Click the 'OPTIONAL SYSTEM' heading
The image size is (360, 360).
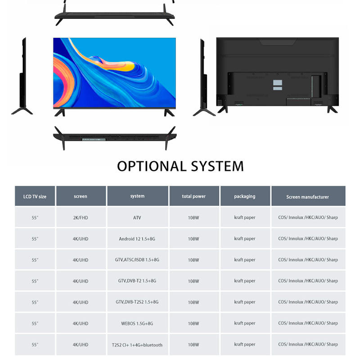click(x=180, y=166)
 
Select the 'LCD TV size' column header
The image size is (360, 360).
click(x=35, y=196)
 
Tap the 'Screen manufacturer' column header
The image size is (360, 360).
click(x=308, y=197)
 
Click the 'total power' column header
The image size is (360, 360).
click(x=193, y=196)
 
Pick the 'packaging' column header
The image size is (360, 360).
click(x=244, y=196)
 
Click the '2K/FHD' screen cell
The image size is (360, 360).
click(x=81, y=218)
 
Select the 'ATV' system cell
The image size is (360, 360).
click(x=137, y=218)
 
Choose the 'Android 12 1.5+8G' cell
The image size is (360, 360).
click(x=137, y=239)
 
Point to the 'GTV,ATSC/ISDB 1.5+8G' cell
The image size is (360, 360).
click(x=137, y=260)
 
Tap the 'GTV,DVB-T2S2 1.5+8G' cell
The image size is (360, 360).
click(x=137, y=302)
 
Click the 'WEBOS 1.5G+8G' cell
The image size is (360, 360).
click(x=137, y=323)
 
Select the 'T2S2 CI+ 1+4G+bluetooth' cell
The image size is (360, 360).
click(x=137, y=345)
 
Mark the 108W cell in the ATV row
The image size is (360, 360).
click(x=193, y=218)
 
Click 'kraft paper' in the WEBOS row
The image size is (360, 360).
click(x=244, y=323)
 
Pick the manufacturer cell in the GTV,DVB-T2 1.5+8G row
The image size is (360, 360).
click(x=308, y=281)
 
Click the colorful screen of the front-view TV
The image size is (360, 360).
click(x=114, y=72)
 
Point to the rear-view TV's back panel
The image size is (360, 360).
click(x=277, y=72)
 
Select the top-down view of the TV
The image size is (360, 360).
click(x=114, y=15)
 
